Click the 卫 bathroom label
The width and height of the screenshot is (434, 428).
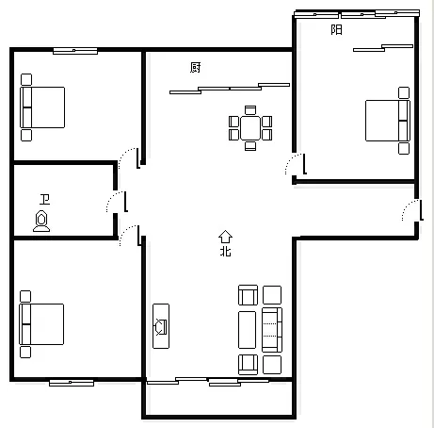point(45,200)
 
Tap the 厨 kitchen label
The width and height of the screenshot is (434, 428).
point(195,68)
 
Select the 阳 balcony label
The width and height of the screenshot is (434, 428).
point(336,30)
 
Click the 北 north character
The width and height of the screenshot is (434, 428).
point(226,252)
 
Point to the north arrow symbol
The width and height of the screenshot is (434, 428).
point(225,237)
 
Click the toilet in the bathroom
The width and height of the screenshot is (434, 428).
point(41,221)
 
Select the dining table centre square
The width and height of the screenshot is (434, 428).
point(250,128)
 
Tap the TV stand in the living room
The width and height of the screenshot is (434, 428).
point(161,326)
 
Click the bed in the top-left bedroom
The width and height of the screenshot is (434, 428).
point(42,107)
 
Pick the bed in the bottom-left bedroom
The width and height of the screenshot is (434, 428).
point(41,324)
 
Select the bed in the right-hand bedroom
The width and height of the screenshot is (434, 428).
point(388,121)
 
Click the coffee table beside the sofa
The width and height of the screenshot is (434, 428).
point(248,330)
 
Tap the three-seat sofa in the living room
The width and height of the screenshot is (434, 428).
point(272,330)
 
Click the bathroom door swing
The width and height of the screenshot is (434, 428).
point(117,202)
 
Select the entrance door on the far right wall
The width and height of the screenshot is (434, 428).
point(412,210)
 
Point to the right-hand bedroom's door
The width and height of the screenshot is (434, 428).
point(296,164)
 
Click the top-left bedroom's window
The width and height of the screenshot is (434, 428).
point(75,51)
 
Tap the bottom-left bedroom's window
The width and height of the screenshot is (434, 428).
point(72,383)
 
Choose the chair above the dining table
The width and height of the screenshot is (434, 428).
point(250,110)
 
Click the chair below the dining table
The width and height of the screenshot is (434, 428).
point(250,146)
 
